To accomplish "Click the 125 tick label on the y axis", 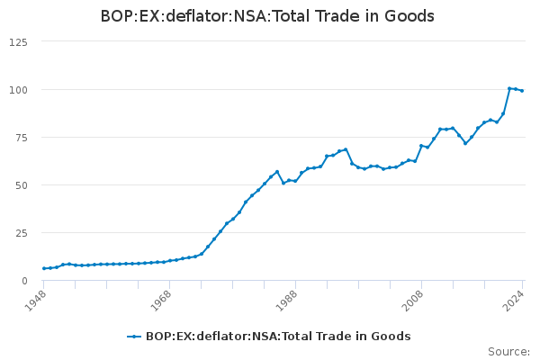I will pos(17,42).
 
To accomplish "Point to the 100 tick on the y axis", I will pos(17,90).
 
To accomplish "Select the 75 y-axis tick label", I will pos(20,138).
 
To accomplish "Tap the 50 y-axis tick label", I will pos(20,185).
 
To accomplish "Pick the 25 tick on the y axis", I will pos(20,233).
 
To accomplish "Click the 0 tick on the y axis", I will pos(23,281).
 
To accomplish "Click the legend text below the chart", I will pos(278,337).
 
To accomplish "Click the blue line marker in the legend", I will pos(135,337).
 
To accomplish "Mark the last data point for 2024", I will pos(522,91).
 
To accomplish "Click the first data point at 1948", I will pos(44,268).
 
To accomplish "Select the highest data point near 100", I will pos(509,88).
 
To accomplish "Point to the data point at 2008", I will pos(421,146).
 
